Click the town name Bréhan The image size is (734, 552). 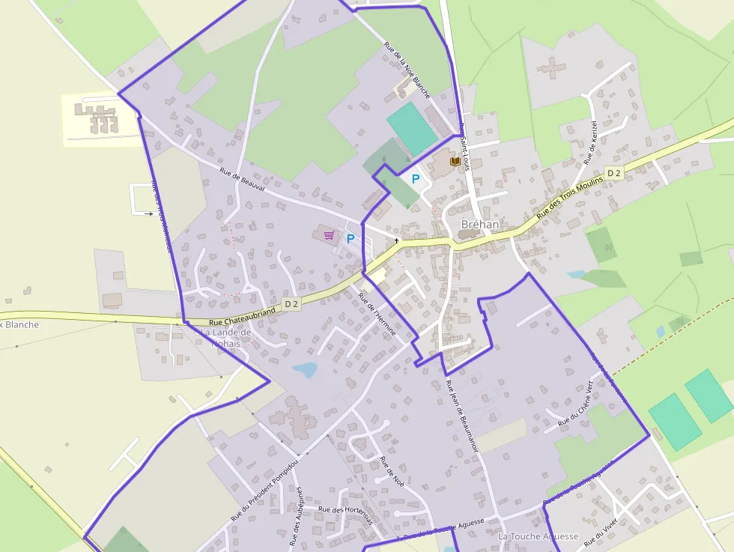[x=480, y=224]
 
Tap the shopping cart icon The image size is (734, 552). [x=329, y=235]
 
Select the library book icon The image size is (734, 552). [x=455, y=161]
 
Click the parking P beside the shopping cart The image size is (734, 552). [x=350, y=239]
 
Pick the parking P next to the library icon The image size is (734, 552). [x=415, y=179]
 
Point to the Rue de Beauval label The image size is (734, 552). [x=243, y=181]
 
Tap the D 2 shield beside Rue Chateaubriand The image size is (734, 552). [x=292, y=304]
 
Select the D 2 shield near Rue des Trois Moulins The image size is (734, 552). [x=614, y=173]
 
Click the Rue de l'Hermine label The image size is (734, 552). [x=377, y=313]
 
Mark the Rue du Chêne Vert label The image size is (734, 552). [x=575, y=404]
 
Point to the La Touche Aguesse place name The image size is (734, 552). [x=539, y=536]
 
